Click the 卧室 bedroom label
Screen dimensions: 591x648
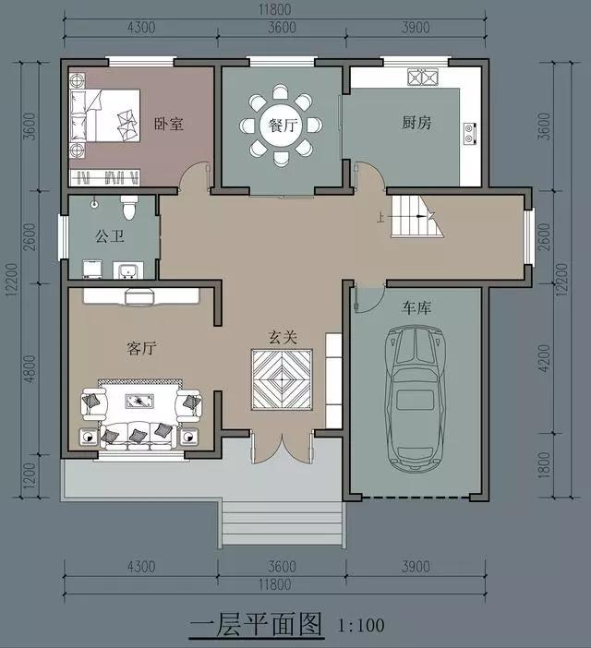[169, 124]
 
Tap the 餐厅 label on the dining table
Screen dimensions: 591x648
[283, 125]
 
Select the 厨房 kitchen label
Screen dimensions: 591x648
[416, 123]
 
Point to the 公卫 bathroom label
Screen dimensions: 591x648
[110, 236]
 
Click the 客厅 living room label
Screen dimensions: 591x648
[141, 348]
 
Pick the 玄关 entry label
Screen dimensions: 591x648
[283, 337]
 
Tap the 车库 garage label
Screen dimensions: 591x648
[416, 307]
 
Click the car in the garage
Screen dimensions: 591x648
[416, 399]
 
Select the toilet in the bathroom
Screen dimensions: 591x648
[129, 208]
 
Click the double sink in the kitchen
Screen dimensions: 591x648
[422, 78]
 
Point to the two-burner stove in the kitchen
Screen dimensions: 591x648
[469, 134]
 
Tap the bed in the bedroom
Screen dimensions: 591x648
[104, 115]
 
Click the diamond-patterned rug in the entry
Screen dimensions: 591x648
[282, 379]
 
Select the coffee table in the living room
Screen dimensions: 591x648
[139, 401]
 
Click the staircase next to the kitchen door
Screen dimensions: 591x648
[416, 217]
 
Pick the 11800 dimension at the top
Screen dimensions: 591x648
[274, 9]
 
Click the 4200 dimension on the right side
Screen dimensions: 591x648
[545, 358]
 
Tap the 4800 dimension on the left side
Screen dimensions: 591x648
[30, 368]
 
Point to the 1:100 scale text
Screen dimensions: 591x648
[361, 625]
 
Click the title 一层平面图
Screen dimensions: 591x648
[256, 624]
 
